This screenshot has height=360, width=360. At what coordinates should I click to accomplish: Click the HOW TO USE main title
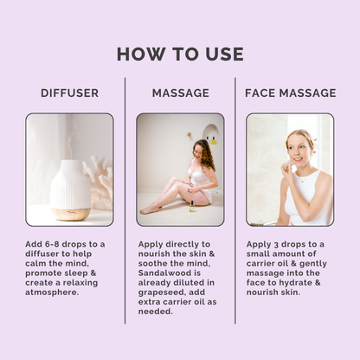pyautogui.click(x=180, y=54)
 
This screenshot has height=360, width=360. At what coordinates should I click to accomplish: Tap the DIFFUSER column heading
pyautogui.click(x=69, y=93)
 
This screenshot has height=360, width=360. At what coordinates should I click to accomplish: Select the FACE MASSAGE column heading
pyautogui.click(x=291, y=93)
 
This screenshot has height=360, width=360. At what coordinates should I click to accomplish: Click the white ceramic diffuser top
pyautogui.click(x=71, y=183)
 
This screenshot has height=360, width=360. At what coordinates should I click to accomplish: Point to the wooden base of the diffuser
pyautogui.click(x=71, y=214)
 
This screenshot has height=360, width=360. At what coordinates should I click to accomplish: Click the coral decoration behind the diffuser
pyautogui.click(x=98, y=182)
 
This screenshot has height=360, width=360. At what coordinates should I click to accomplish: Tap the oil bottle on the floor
pyautogui.click(x=192, y=207)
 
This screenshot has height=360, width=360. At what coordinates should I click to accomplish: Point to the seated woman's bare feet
pyautogui.click(x=149, y=209)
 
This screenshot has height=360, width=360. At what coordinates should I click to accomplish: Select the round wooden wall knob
pyautogui.click(x=190, y=134)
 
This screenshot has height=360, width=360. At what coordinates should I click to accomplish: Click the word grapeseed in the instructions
pyautogui.click(x=162, y=292)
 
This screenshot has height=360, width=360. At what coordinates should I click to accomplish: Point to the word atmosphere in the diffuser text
pyautogui.click(x=52, y=292)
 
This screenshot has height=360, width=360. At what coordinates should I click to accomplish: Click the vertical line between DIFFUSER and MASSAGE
pyautogui.click(x=125, y=201)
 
